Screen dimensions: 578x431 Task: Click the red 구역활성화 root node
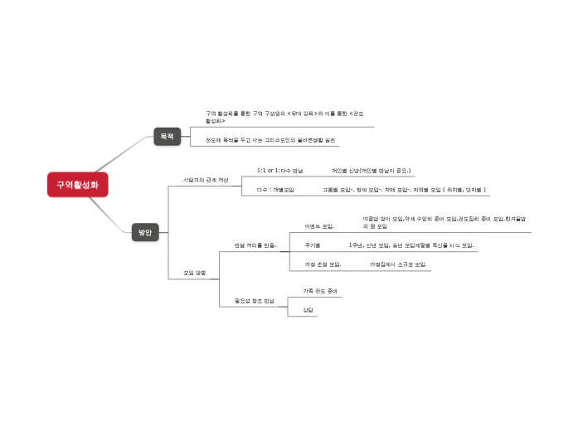77,185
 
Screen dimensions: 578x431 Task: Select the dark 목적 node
168,136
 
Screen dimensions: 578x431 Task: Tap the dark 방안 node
145,232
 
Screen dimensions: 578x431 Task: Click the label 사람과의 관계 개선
206,180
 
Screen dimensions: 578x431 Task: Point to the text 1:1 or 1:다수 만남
280,170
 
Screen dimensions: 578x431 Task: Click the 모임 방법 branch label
195,271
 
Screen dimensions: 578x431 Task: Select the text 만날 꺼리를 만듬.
255,245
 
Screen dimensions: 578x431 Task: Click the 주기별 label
313,245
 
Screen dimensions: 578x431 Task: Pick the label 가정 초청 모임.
323,264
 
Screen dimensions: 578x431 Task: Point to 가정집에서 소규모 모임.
398,264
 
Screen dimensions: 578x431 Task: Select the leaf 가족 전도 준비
320,291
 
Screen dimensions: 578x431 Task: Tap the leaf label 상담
308,309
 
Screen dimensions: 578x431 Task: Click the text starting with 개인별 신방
371,170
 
